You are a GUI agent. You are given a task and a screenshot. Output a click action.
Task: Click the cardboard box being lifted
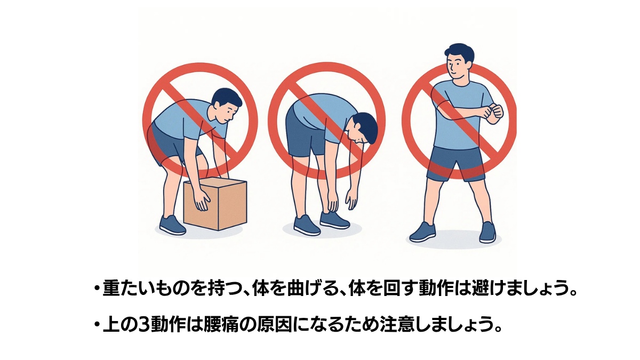tap(215, 203)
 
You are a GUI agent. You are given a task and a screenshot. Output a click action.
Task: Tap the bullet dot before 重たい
tap(97, 288)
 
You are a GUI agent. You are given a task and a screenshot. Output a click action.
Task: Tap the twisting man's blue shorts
tap(456, 163)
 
